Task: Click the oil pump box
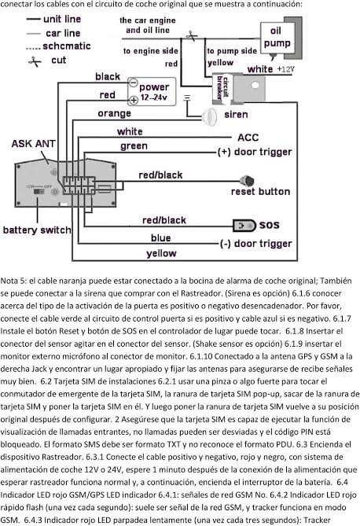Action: [277, 38]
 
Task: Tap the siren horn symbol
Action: [209, 116]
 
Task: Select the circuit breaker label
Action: [222, 87]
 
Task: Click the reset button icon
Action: [247, 181]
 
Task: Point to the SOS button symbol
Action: [244, 226]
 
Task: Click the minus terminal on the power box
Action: [133, 82]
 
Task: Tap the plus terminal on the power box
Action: [134, 100]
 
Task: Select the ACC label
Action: [248, 138]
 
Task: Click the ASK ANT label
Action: [33, 144]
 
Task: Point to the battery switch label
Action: [37, 230]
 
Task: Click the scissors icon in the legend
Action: [35, 61]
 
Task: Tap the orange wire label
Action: [114, 113]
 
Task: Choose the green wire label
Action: [134, 146]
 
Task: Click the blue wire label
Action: [160, 238]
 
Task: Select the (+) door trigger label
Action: [255, 152]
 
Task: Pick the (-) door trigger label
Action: [255, 244]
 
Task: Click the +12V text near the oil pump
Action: [285, 69]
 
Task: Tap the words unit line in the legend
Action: [62, 19]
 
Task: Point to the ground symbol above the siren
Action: [187, 97]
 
